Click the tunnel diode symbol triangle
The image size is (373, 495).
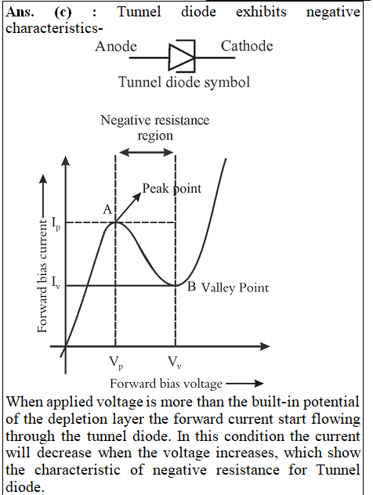181,57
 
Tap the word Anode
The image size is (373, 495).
116,46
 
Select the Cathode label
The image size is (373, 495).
247,46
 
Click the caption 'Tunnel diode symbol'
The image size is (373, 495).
184,82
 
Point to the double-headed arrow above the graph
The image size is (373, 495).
147,153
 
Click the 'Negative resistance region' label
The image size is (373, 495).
154,128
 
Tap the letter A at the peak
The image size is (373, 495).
107,209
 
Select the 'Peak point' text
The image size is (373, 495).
172,189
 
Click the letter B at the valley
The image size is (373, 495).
191,287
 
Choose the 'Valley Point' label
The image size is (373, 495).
235,288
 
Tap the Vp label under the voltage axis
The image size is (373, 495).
116,363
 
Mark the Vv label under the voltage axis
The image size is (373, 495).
174,362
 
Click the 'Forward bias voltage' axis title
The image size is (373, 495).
166,384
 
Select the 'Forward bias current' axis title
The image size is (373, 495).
42,276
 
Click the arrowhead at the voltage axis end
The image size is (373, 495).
266,346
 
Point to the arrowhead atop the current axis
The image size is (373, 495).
65,160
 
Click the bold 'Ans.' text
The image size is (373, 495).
20,12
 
